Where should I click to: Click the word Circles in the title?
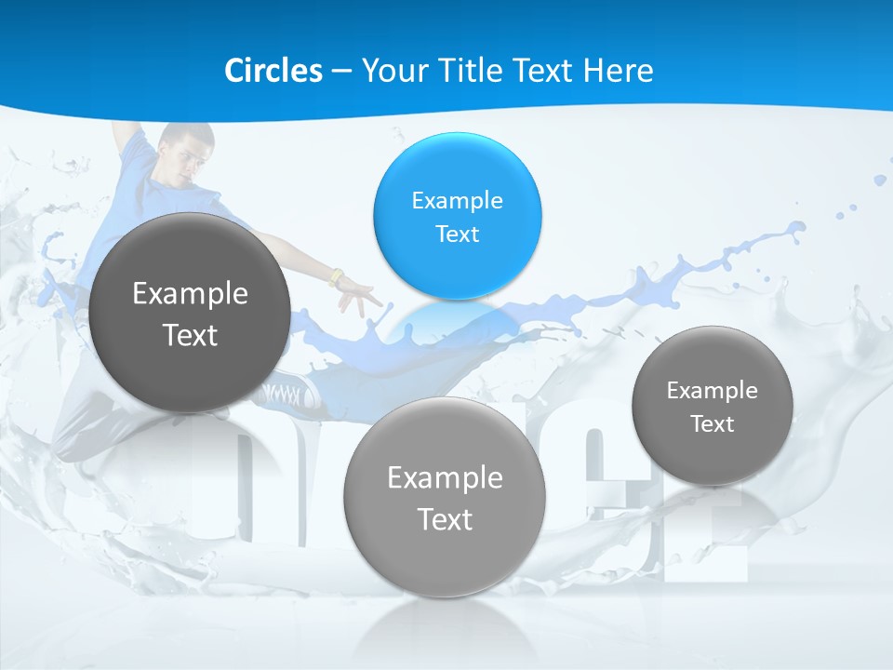(x=273, y=71)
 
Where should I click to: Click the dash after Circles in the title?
(x=341, y=72)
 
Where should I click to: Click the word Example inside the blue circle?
(x=457, y=201)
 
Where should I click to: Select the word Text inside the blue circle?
(x=457, y=234)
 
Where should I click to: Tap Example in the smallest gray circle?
(x=712, y=391)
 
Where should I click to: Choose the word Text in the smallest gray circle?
(x=713, y=424)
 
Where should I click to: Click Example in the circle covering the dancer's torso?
(x=190, y=294)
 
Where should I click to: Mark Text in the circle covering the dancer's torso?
(x=190, y=335)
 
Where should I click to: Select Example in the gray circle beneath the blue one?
(x=445, y=478)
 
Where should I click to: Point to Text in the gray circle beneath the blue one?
(x=445, y=519)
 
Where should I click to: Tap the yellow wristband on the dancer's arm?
(x=336, y=277)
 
